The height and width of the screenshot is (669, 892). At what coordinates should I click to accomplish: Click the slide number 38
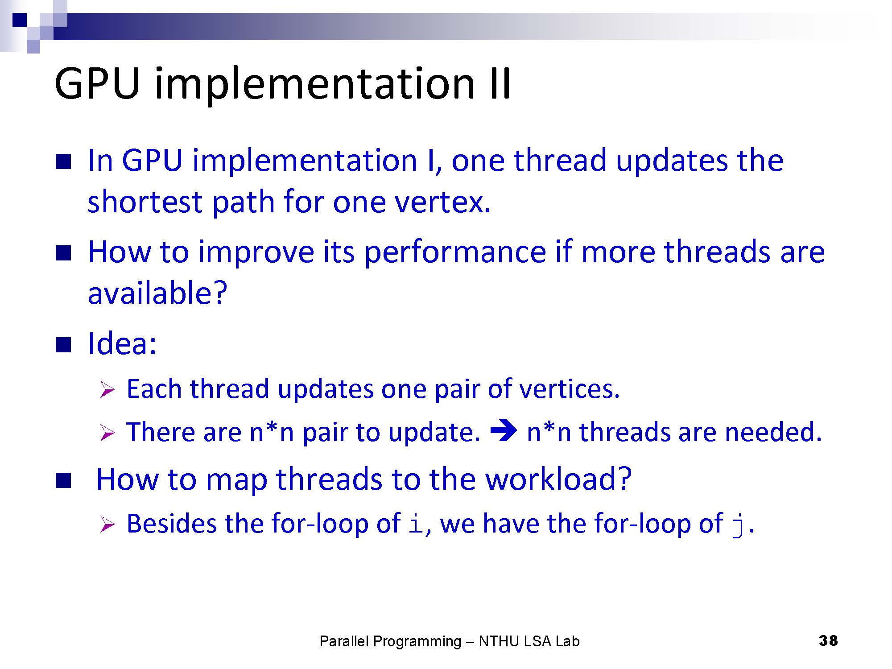828,640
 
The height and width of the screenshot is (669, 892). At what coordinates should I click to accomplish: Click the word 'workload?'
558,479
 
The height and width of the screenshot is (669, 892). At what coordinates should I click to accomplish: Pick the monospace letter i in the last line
416,524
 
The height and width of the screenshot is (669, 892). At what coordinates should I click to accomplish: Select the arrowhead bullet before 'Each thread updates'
107,390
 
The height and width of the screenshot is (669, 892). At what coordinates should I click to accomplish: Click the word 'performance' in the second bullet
455,252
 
